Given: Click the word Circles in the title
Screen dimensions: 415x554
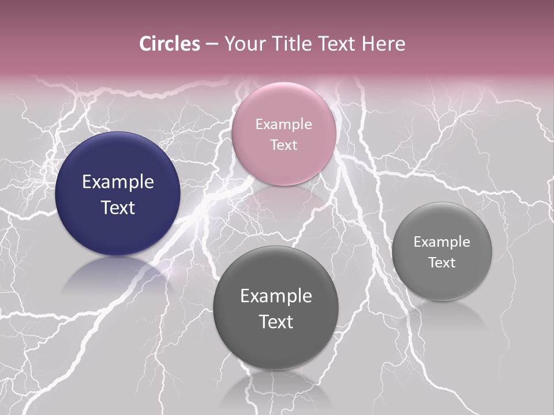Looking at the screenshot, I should click(x=169, y=44).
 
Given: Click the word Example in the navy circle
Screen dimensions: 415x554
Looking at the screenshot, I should click(x=118, y=182).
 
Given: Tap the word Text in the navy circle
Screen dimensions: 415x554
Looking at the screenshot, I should click(x=118, y=207).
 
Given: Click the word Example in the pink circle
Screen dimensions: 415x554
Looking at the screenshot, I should click(x=284, y=124).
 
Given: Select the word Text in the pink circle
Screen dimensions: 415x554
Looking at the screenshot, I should click(x=284, y=145).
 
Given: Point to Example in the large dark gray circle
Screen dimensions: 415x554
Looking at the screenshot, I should click(x=276, y=296).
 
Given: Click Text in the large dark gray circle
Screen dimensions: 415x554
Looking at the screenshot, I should click(x=276, y=322).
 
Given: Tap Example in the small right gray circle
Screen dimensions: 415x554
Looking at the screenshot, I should click(x=442, y=242).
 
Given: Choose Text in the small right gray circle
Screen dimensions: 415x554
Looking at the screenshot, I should click(x=442, y=263).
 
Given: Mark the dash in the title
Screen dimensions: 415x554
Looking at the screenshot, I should click(x=212, y=44).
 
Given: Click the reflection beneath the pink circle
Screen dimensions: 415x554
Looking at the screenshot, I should click(x=284, y=199).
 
